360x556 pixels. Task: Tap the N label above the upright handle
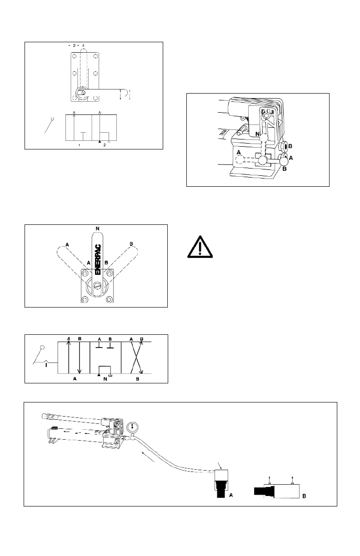coord(97,228)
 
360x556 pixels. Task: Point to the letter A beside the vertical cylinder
coord(231,496)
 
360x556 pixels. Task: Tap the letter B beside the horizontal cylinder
coord(304,496)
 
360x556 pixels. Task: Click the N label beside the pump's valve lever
coord(257,134)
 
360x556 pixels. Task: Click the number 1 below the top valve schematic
coord(79,145)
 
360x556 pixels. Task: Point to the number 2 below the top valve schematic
coord(104,145)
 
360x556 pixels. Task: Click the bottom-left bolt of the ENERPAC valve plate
coord(85,300)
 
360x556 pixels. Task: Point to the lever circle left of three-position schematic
coord(43,348)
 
